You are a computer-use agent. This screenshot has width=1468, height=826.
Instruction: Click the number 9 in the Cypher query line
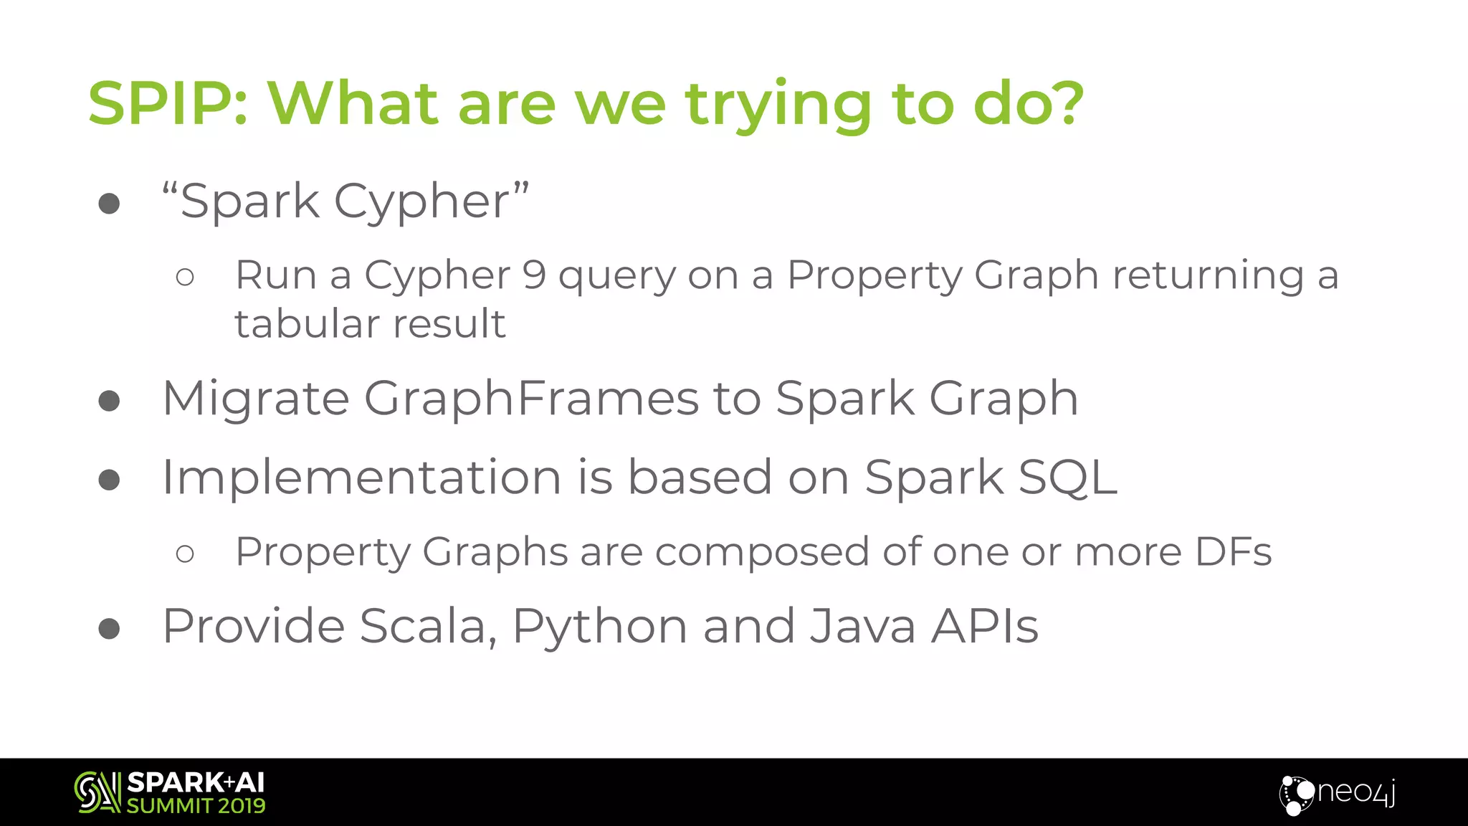[534, 275]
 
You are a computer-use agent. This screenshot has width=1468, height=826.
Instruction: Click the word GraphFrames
[531, 399]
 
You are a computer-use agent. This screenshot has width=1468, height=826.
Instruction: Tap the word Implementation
[361, 478]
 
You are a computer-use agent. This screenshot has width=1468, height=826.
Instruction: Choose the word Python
[599, 627]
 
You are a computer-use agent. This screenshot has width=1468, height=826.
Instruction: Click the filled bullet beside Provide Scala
[109, 629]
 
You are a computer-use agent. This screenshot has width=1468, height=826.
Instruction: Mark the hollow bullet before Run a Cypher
[185, 277]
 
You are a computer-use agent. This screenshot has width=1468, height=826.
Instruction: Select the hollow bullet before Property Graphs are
[185, 554]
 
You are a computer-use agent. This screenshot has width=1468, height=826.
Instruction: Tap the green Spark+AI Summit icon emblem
[97, 792]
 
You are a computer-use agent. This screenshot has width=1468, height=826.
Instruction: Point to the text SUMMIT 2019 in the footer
[196, 806]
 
